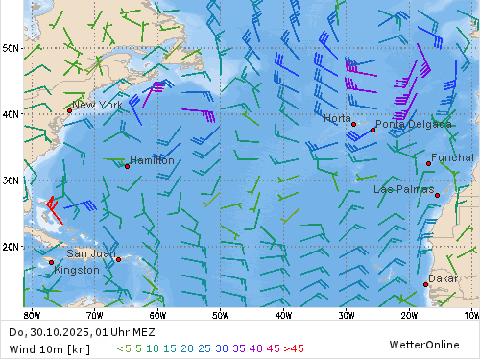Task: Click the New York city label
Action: tap(97, 105)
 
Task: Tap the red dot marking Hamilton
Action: tap(127, 166)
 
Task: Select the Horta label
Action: tap(337, 118)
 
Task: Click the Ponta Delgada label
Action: tap(413, 124)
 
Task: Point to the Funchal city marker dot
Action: tap(428, 163)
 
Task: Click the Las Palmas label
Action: tap(403, 189)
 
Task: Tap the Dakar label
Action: tap(443, 278)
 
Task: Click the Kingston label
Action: tap(77, 270)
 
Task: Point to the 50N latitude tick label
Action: tap(11, 47)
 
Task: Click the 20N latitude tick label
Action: tap(11, 246)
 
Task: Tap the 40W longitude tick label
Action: tap(282, 314)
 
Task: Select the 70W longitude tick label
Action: tap(94, 314)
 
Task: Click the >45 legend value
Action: tap(293, 348)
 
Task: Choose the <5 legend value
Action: tap(123, 348)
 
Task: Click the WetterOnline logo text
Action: tap(424, 344)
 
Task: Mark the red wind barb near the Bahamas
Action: tap(54, 208)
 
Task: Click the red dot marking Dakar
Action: tap(426, 284)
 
